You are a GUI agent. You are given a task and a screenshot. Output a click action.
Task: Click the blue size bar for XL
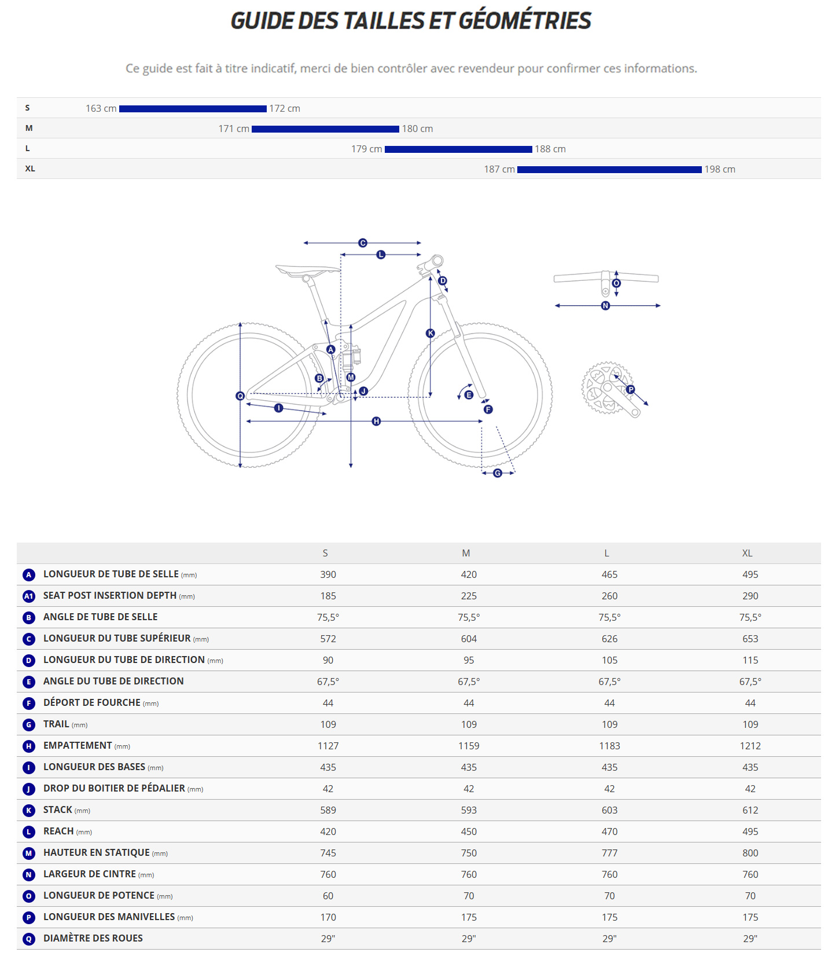coord(609,170)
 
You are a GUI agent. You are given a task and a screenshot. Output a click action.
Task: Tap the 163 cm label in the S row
coord(101,109)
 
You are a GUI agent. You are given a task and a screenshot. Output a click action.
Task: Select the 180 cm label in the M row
coord(417,129)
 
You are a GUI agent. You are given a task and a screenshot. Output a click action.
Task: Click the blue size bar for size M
coord(325,129)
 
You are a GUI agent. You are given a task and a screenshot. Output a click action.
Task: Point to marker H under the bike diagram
coord(376,421)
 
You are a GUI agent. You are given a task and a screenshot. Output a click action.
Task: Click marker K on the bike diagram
coord(430,333)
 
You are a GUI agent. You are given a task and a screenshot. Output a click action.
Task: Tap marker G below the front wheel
coord(498,473)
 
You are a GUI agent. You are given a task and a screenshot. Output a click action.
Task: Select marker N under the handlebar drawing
coord(605,306)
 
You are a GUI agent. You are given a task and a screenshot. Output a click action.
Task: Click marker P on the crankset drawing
coord(631,390)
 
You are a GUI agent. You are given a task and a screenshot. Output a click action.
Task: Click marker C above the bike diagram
coord(363,243)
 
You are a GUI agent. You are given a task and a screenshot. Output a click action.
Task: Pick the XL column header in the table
coord(747,554)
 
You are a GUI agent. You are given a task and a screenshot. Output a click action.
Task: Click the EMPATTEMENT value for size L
coord(609,746)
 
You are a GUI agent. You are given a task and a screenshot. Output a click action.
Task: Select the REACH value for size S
coord(328,832)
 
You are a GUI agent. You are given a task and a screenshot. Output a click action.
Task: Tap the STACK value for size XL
coord(750,810)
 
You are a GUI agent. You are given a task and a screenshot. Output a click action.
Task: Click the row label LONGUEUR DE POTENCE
coord(99,896)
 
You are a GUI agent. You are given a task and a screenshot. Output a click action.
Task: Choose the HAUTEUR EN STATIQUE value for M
coord(469,853)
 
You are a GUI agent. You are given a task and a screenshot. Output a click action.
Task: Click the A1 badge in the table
coord(29,596)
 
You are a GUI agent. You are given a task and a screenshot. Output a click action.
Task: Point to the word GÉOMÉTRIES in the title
coord(525,21)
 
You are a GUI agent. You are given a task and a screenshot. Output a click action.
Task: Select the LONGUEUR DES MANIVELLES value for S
coord(328,917)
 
